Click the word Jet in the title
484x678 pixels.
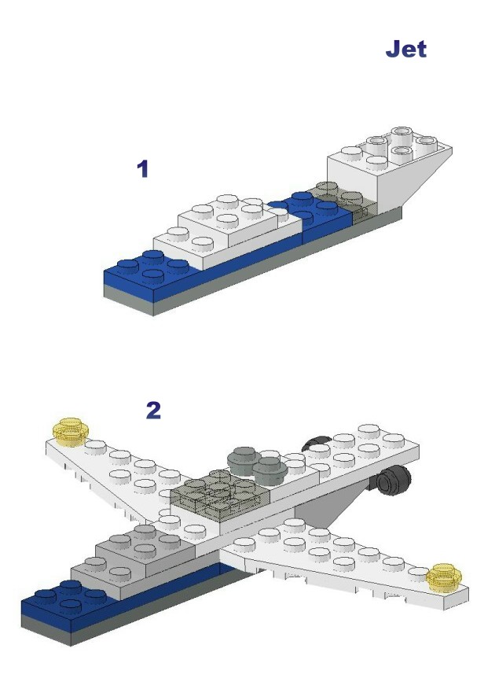click(x=406, y=49)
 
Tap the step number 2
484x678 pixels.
click(x=154, y=411)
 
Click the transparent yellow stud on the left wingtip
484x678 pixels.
click(x=71, y=432)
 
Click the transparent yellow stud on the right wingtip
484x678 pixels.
click(x=444, y=577)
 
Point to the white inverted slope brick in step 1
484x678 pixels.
click(x=389, y=168)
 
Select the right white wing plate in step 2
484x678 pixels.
click(x=346, y=558)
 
